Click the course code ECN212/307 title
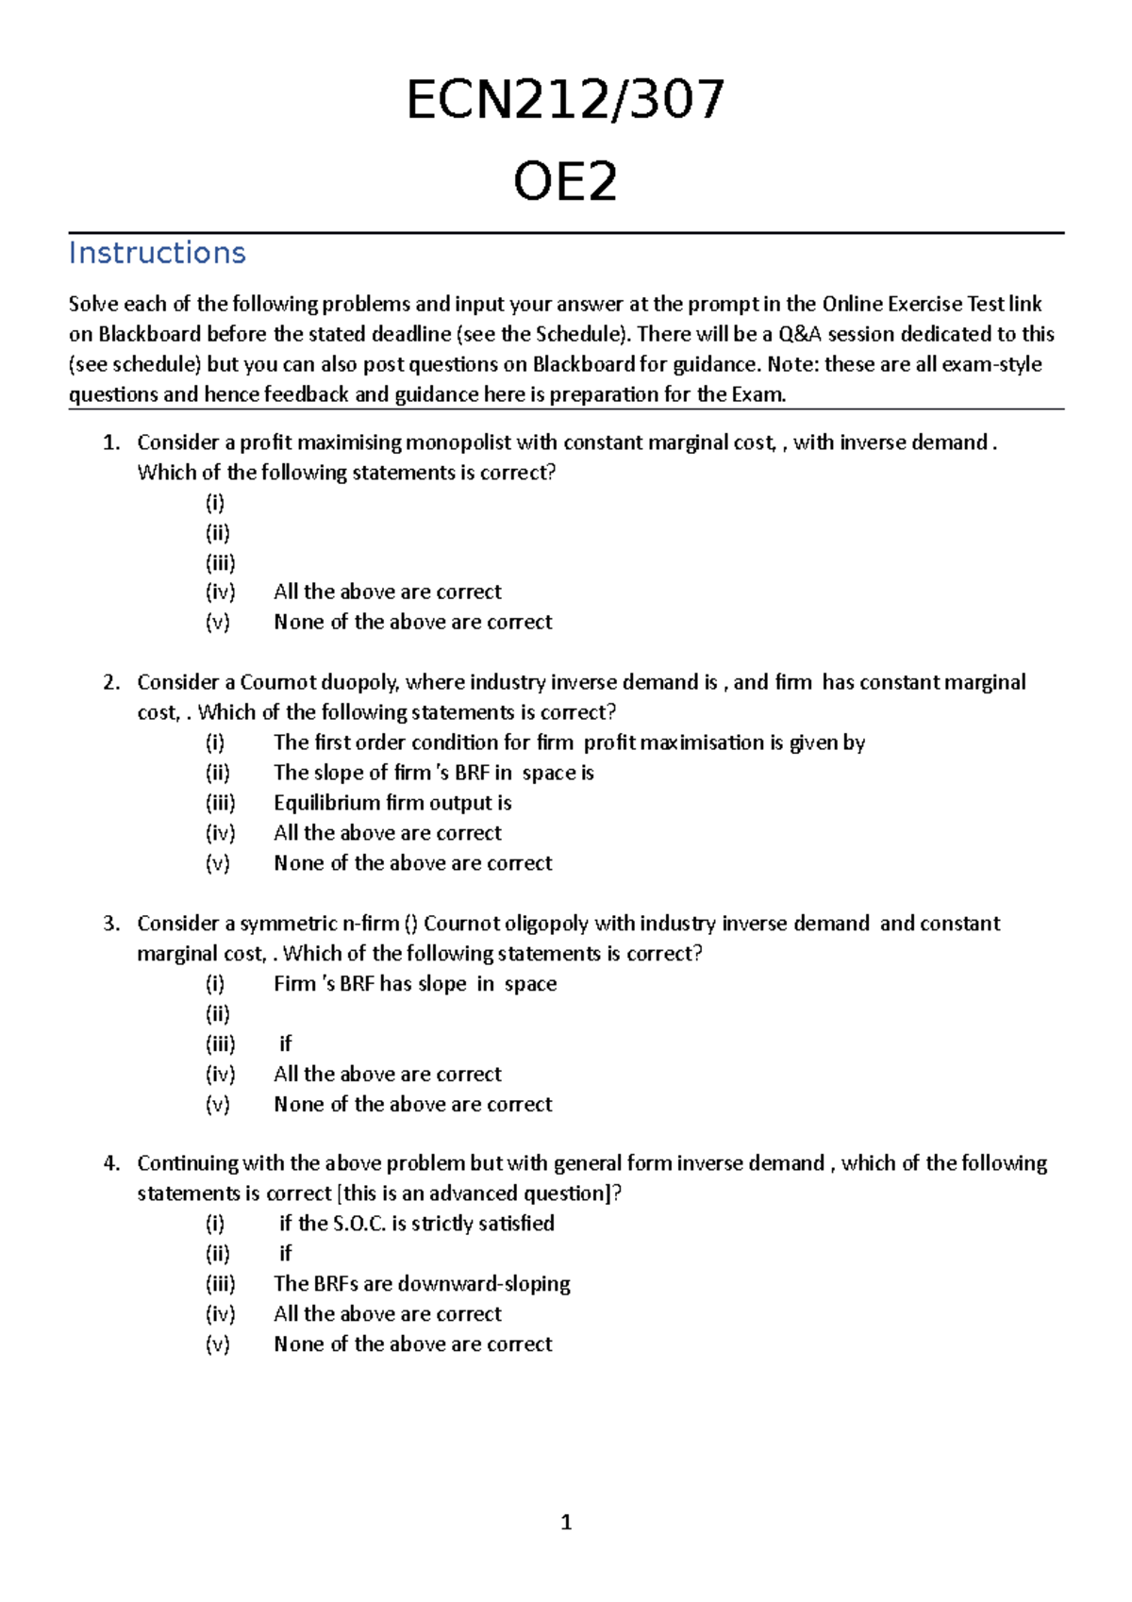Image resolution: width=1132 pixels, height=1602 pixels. [565, 100]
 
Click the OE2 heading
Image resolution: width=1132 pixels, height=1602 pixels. [565, 181]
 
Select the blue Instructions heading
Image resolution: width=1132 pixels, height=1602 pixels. [157, 253]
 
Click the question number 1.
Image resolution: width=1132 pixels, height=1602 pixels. [111, 442]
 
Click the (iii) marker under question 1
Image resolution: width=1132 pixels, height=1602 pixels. [220, 562]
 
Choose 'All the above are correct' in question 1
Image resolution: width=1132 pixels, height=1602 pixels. [387, 592]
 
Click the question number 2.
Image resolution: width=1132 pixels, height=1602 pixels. [111, 682]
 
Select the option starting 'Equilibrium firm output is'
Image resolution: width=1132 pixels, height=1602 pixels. [392, 803]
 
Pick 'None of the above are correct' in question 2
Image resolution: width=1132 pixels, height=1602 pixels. [412, 863]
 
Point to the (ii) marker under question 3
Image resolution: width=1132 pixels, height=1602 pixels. [218, 1014]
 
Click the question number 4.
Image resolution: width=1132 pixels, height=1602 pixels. [111, 1163]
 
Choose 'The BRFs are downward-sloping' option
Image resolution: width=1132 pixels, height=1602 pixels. [422, 1284]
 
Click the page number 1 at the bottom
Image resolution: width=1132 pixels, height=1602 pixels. [566, 1522]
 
